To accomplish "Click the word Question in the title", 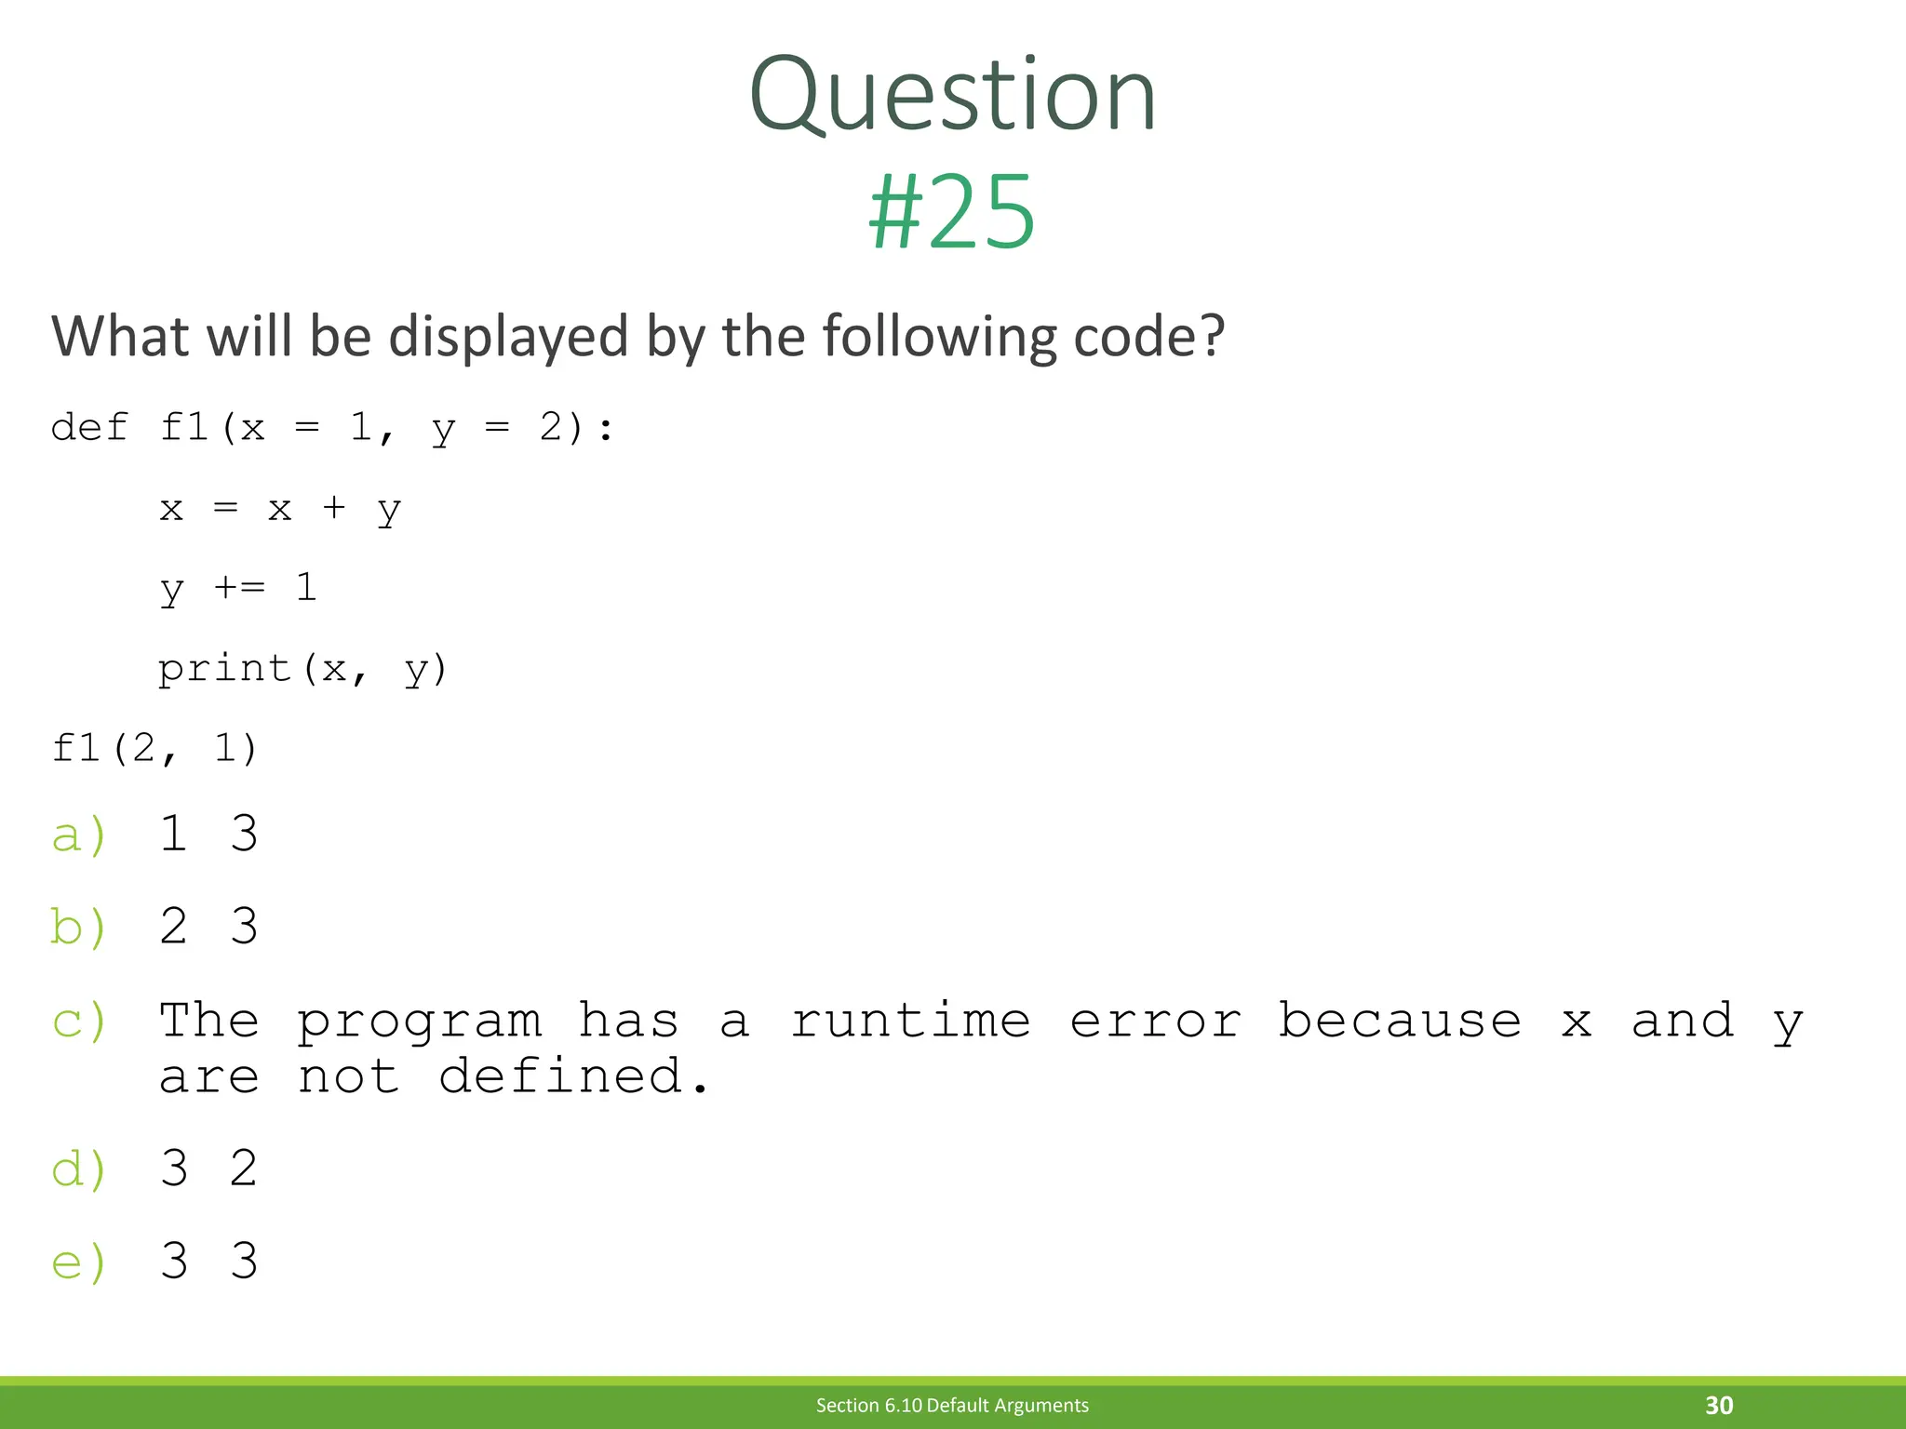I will click(952, 96).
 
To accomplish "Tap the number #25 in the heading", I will click(951, 213).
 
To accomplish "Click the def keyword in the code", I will click(89, 428).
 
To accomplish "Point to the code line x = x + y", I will click(280, 509).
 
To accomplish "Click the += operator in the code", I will click(239, 587).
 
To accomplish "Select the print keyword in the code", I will click(224, 668).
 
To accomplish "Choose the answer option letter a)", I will click(79, 835).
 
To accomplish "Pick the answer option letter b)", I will click(79, 928).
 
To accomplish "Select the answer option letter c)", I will click(79, 1022).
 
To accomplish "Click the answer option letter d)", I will click(79, 1169).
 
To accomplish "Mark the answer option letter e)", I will click(79, 1262).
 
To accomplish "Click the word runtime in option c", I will click(910, 1022).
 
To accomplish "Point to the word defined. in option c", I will click(574, 1077).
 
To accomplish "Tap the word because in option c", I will click(1399, 1021).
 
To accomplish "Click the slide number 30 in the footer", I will click(1719, 1405).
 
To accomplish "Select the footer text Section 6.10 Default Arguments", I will click(952, 1405).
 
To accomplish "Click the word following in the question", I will click(940, 337).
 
